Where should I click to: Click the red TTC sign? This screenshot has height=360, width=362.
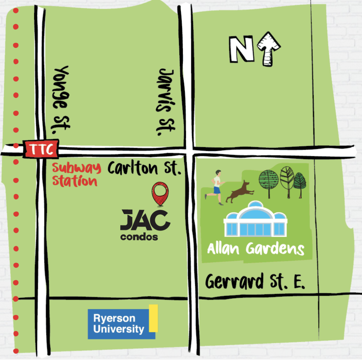[41, 149]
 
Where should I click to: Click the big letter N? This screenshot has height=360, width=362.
[241, 50]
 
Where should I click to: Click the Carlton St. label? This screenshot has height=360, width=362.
[144, 168]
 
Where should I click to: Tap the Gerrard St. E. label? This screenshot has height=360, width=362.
[255, 282]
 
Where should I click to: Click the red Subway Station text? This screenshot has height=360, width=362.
[76, 175]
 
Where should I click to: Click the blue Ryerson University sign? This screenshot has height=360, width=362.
[119, 323]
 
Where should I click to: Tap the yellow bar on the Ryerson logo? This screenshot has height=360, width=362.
[153, 318]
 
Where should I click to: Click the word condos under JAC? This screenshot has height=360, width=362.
[139, 237]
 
